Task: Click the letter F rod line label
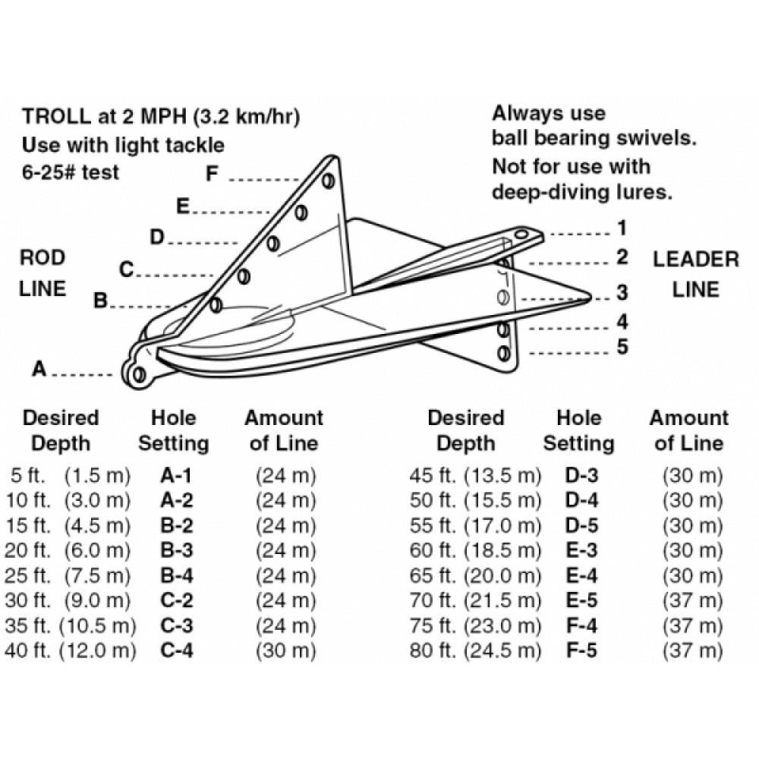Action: pos(213,174)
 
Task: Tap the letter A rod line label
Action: pos(39,370)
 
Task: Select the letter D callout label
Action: pos(157,238)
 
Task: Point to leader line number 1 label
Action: pos(622,228)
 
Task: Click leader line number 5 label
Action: pos(622,347)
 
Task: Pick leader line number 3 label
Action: pos(622,291)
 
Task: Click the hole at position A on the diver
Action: pos(137,374)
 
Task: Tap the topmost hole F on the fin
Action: pos(328,181)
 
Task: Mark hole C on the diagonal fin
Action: pos(244,276)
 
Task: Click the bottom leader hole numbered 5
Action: pos(502,353)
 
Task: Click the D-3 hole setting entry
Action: pos(581,477)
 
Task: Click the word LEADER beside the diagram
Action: pos(695,260)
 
